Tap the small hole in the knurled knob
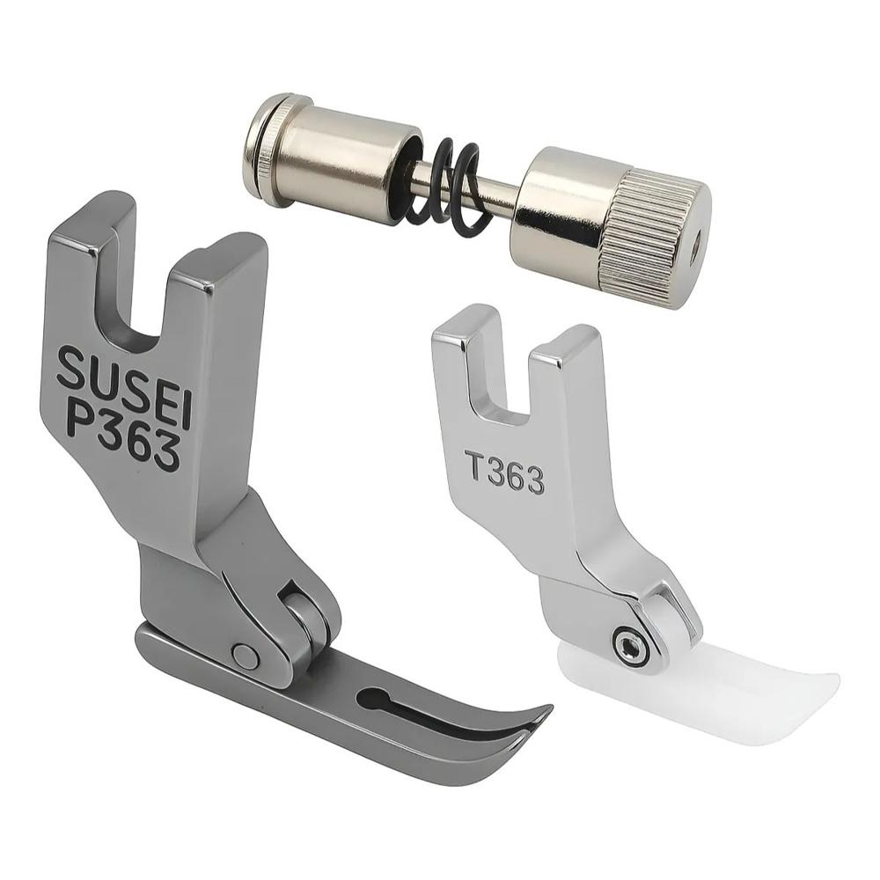[x=695, y=244]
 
